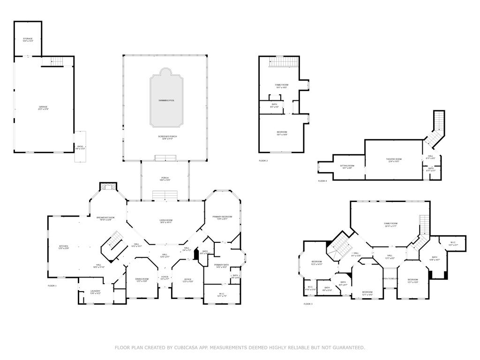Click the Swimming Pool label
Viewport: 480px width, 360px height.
point(166,101)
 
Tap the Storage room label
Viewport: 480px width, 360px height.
point(28,39)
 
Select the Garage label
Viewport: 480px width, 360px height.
point(43,108)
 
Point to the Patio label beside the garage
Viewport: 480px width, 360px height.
point(80,147)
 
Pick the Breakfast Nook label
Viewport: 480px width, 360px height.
point(105,218)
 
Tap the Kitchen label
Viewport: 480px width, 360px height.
point(63,247)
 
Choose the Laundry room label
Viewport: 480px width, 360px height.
point(95,292)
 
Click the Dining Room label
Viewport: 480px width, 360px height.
point(142,280)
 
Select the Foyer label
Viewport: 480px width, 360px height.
point(165,277)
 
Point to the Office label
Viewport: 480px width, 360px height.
point(187,280)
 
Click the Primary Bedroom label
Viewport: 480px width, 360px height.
point(222,217)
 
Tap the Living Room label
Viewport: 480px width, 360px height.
point(166,221)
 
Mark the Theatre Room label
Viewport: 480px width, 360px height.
point(393,160)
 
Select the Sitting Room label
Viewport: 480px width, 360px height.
point(347,166)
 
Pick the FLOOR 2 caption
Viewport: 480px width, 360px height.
point(263,161)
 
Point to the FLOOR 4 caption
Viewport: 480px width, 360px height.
point(322,181)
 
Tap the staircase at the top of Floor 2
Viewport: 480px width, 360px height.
point(283,62)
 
